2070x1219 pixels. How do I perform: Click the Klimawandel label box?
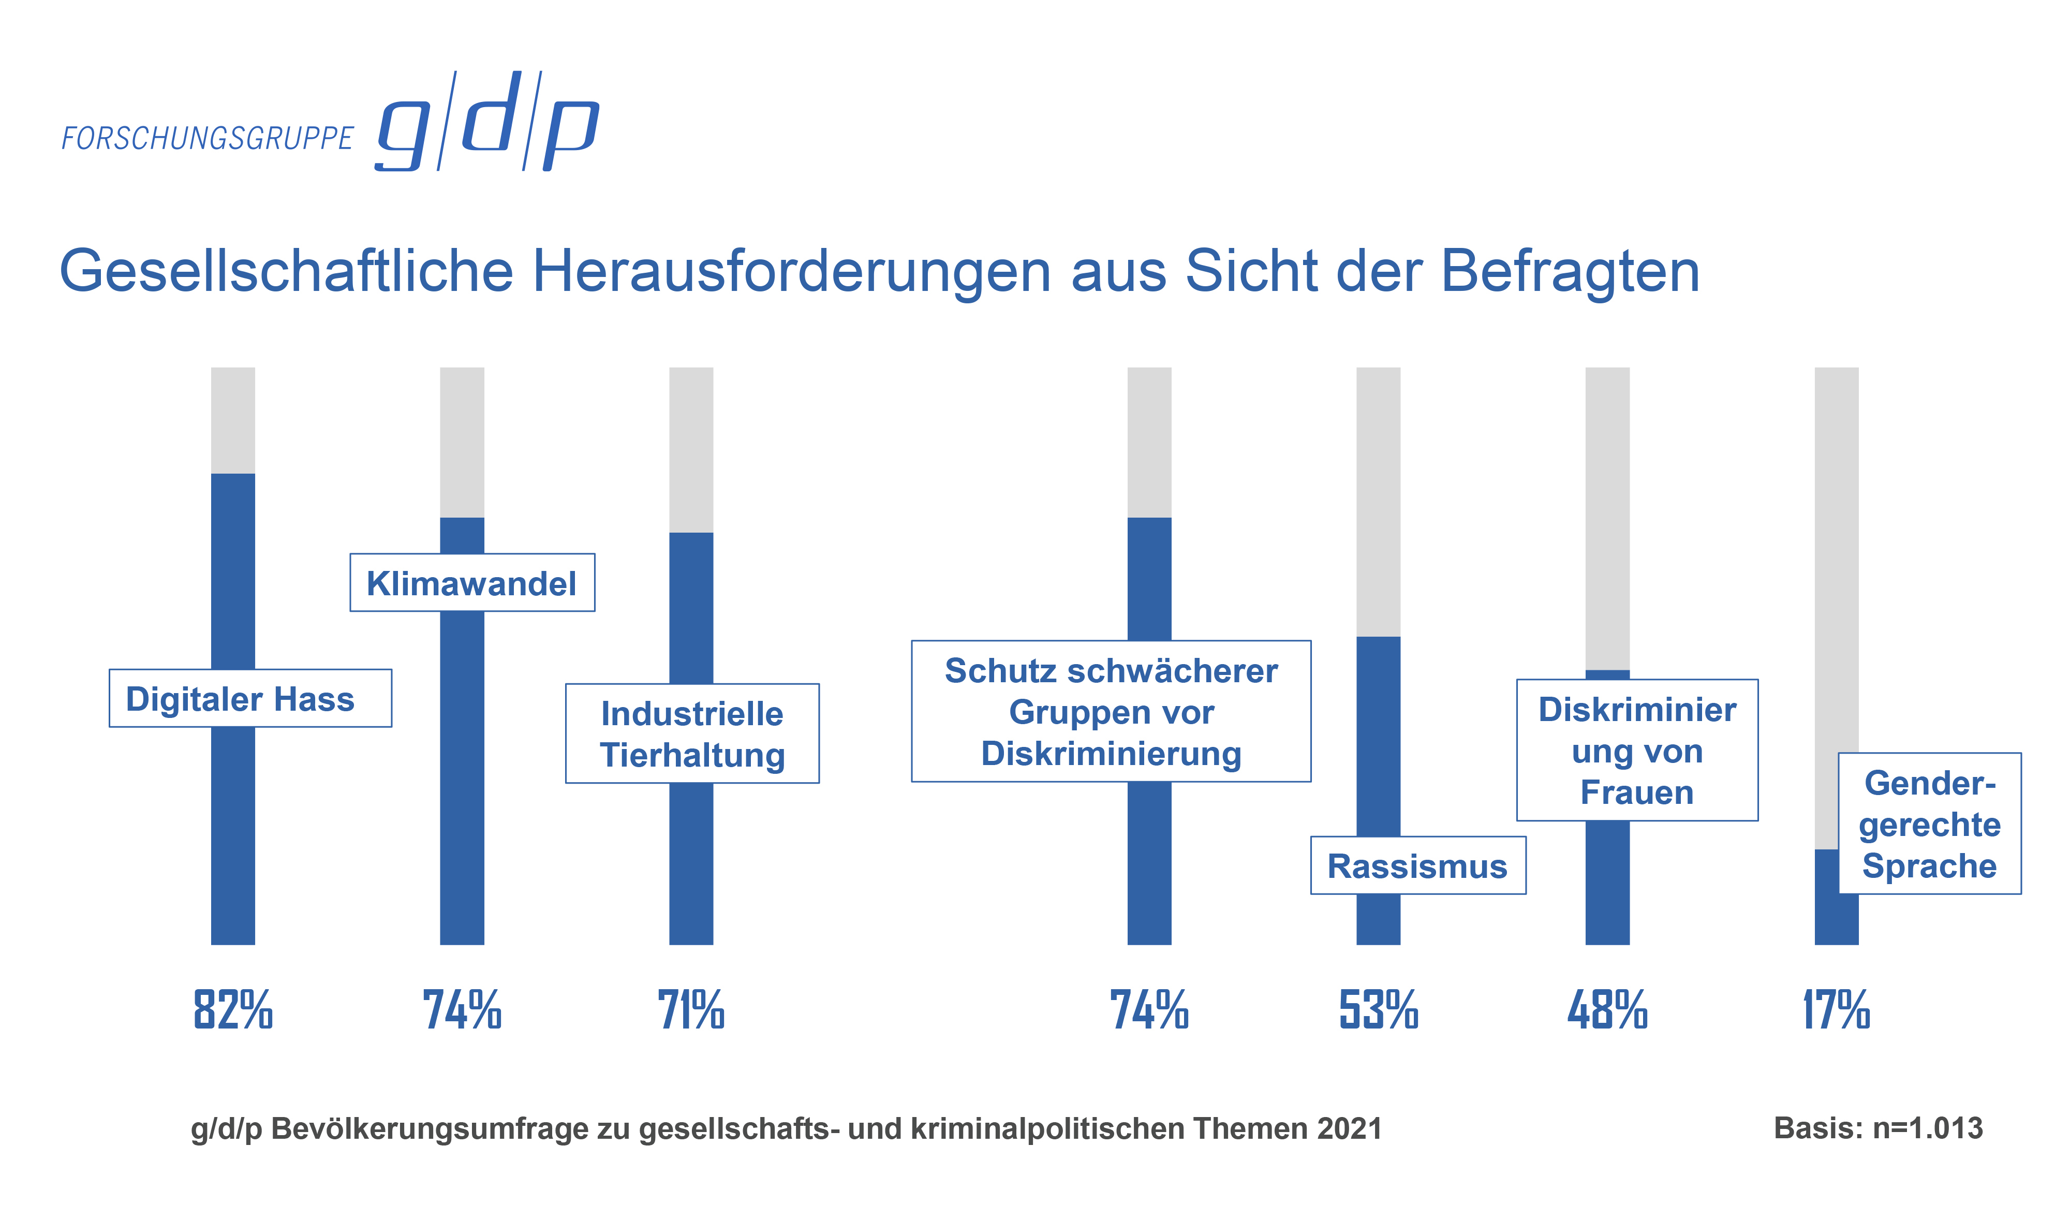click(x=472, y=583)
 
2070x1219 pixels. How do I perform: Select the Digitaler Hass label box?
click(x=250, y=699)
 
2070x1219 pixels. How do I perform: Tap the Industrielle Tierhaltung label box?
click(x=692, y=733)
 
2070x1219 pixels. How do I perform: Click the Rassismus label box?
click(x=1418, y=866)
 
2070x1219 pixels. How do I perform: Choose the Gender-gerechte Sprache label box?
click(x=1930, y=824)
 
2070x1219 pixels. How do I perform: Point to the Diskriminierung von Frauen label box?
click(x=1637, y=751)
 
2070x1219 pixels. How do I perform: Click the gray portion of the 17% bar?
click(x=1837, y=575)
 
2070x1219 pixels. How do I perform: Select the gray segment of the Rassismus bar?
click(x=1378, y=501)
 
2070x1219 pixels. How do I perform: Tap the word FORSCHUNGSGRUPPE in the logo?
click(x=207, y=139)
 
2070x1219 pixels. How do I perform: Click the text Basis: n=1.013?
click(x=1878, y=1128)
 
